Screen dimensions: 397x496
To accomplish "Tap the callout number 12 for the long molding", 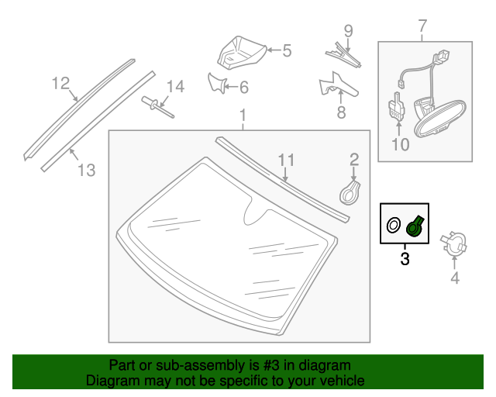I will coord(60,83).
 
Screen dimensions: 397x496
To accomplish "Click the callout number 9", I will coord(348,32).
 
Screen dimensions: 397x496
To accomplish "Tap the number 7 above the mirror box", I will coord(422,28).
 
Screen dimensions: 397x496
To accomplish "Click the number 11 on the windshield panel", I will coord(287,161).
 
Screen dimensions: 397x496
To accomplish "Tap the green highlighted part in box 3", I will coord(414,226).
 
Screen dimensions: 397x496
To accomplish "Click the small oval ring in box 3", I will coord(394,226).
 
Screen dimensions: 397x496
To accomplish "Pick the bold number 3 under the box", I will coord(405,258).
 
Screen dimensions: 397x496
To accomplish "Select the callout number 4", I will coord(455,278).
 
